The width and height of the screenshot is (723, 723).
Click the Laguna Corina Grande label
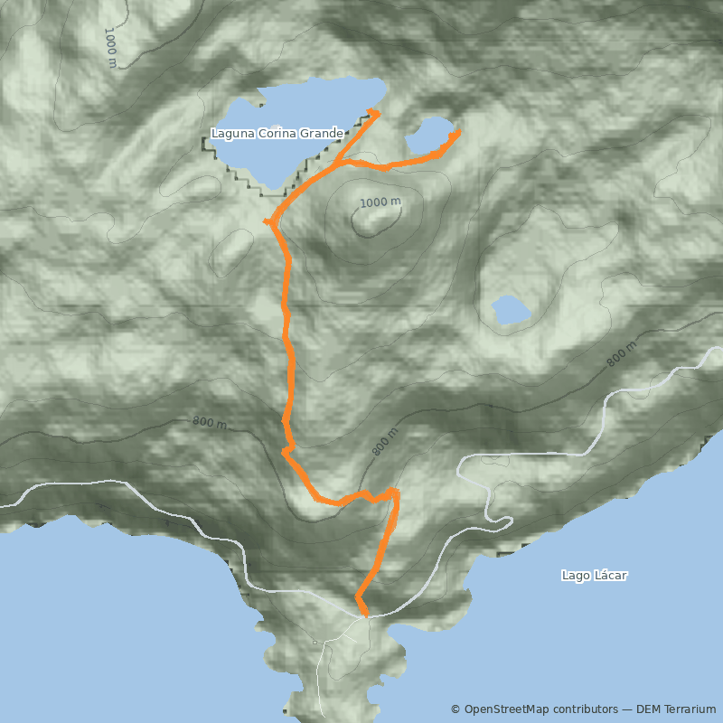[277, 134]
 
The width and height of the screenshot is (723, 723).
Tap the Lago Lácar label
[594, 575]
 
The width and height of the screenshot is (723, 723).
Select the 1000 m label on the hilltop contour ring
[380, 202]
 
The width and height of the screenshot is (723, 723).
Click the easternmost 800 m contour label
[622, 353]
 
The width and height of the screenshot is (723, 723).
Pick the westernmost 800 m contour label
[209, 422]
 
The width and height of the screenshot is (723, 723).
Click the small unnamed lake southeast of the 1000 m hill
[510, 310]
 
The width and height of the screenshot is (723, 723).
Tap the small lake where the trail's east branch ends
[428, 136]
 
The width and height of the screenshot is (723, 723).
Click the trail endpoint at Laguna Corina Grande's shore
[374, 112]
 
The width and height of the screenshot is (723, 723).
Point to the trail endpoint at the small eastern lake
[457, 133]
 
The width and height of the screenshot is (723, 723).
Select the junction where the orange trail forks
[335, 164]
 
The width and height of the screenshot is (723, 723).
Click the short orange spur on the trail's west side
[268, 221]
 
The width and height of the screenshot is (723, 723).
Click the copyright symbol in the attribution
[455, 709]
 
